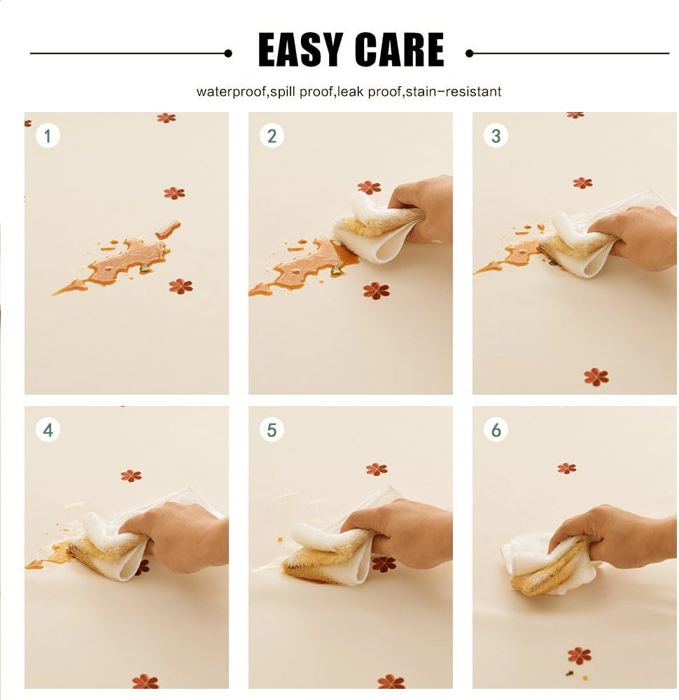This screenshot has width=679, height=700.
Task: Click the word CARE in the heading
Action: [400, 50]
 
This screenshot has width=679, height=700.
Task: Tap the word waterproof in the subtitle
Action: [232, 92]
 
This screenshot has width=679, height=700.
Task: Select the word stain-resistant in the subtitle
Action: [453, 92]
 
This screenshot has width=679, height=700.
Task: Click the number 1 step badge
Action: [48, 136]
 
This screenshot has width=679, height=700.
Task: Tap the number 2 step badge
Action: [272, 136]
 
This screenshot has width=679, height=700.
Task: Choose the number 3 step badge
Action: [496, 136]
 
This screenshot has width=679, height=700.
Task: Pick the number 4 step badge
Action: [48, 430]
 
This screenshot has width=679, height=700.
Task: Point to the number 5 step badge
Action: [272, 430]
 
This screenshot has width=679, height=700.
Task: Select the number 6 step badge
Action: [496, 430]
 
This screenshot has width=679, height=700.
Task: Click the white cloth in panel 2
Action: [379, 230]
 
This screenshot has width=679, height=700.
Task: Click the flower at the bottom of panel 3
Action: [596, 377]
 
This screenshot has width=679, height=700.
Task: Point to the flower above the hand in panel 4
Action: [131, 475]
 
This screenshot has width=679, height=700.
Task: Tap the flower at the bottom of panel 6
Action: [579, 656]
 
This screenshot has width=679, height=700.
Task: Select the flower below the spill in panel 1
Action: [181, 286]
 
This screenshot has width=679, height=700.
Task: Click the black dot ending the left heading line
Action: [228, 54]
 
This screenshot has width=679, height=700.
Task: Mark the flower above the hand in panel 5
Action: [377, 469]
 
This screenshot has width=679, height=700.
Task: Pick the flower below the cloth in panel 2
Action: [376, 290]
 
